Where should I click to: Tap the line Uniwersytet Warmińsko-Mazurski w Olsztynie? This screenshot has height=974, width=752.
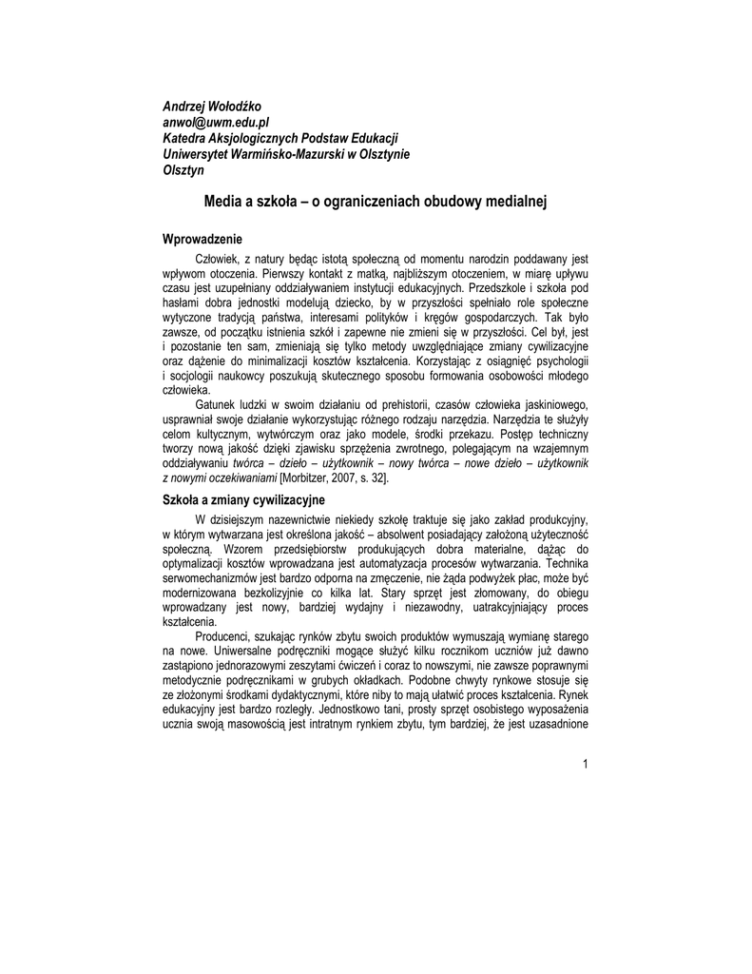click(x=286, y=155)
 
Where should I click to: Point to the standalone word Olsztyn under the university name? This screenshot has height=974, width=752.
click(x=184, y=171)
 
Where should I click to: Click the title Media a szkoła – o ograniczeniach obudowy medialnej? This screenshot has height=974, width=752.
click(x=376, y=202)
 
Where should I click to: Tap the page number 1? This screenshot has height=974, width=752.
click(x=587, y=765)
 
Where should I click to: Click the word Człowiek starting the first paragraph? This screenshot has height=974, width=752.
click(x=218, y=258)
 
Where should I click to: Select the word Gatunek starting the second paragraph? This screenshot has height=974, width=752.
click(x=218, y=404)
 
